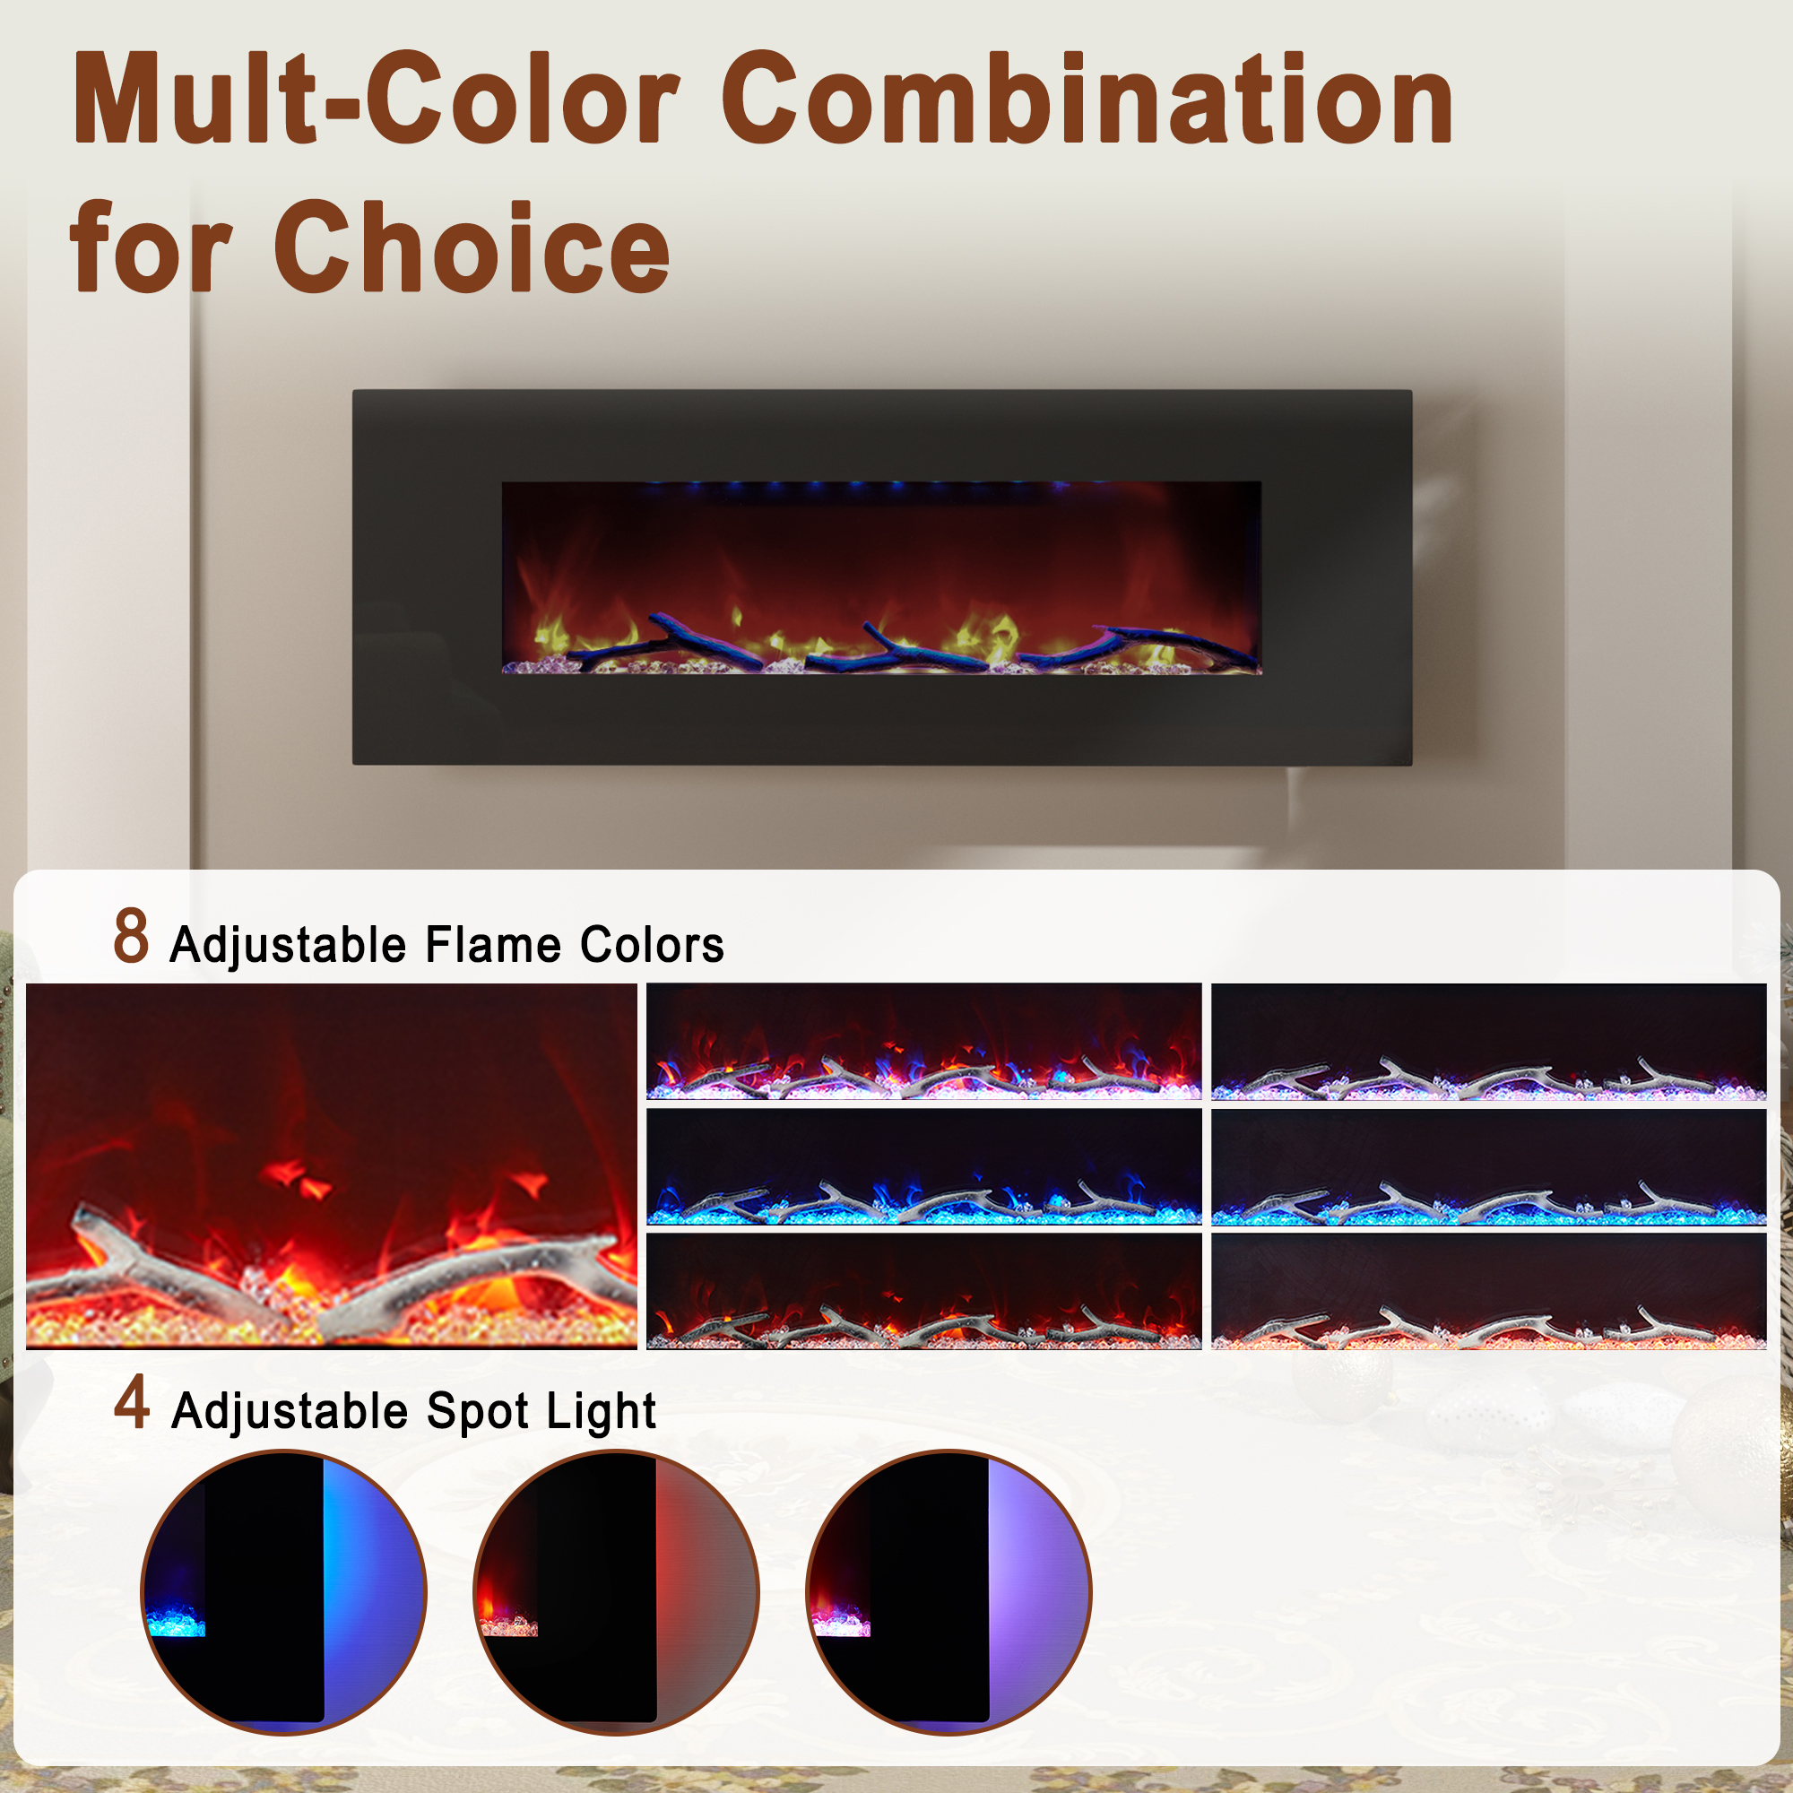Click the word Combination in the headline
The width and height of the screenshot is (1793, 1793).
point(1086,99)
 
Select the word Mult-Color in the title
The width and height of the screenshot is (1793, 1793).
point(376,99)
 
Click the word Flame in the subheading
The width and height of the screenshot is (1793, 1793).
point(493,945)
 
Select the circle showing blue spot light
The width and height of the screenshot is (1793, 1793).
point(283,1591)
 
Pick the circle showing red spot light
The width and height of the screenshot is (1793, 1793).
point(615,1591)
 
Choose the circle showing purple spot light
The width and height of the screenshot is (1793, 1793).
point(948,1591)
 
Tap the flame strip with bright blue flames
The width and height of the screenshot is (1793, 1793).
point(923,1166)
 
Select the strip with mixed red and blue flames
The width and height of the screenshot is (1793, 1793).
point(923,1041)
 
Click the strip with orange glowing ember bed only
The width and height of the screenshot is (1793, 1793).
point(1488,1291)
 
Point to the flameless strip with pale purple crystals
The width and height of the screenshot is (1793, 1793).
point(1488,1041)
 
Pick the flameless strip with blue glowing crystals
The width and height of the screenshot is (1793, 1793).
point(1488,1166)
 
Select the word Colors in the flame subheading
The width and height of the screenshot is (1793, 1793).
point(652,945)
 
